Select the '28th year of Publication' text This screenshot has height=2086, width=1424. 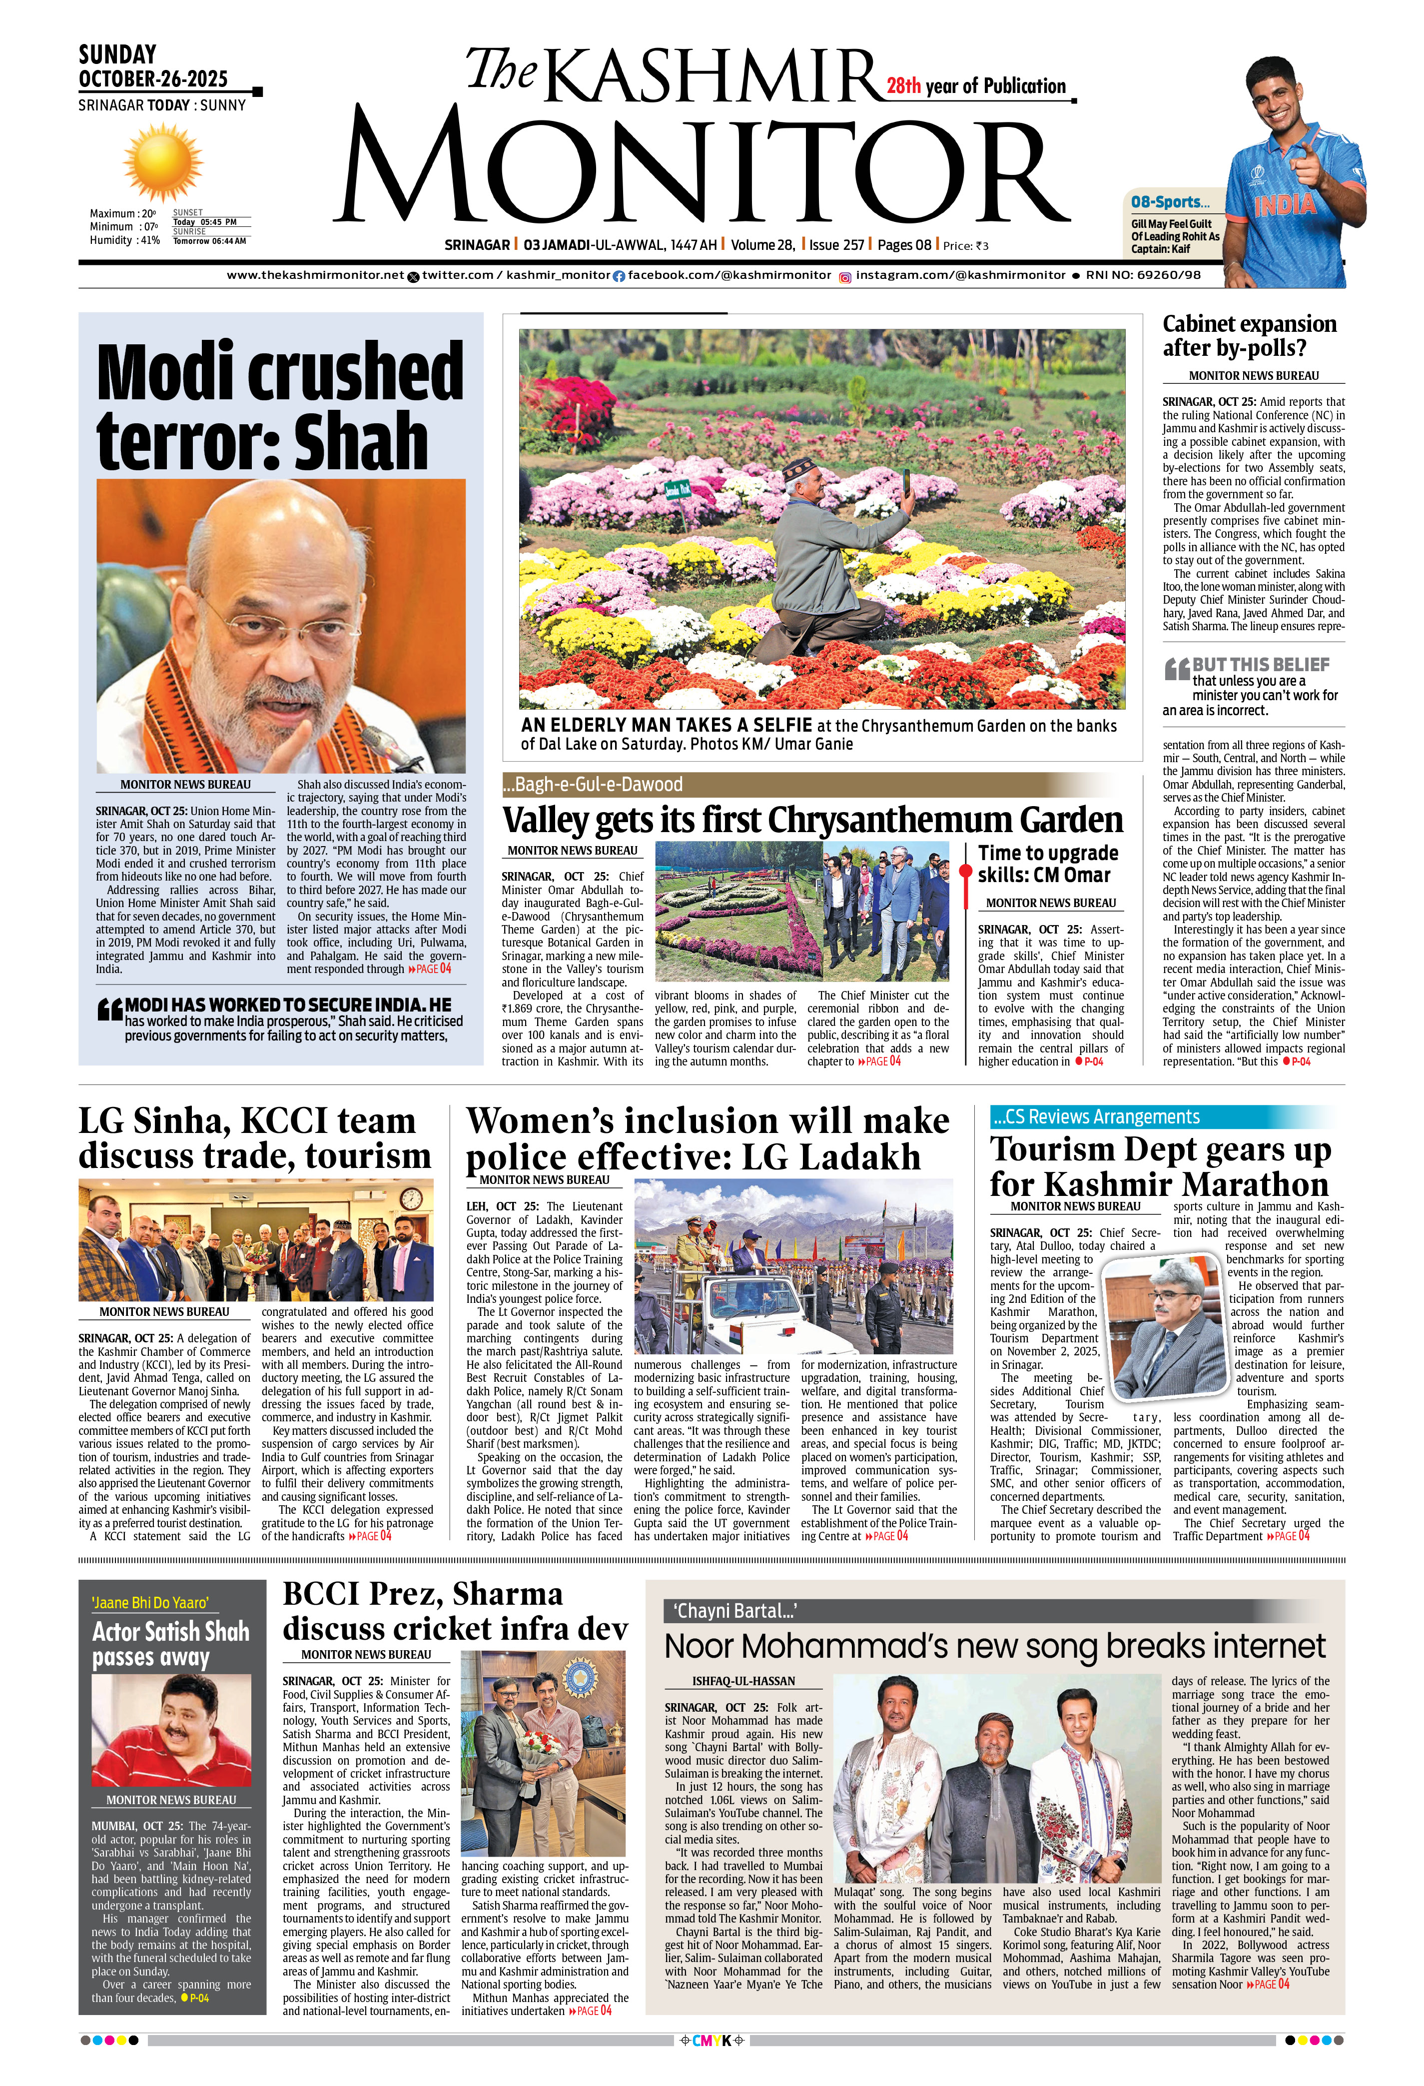pos(976,86)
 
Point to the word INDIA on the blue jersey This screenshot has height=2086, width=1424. pos(1284,204)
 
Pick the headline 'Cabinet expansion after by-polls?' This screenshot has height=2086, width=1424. pos(1249,336)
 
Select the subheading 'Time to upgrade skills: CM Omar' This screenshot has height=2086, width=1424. pos(1047,864)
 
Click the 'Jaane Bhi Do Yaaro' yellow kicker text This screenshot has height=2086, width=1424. pos(150,1602)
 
